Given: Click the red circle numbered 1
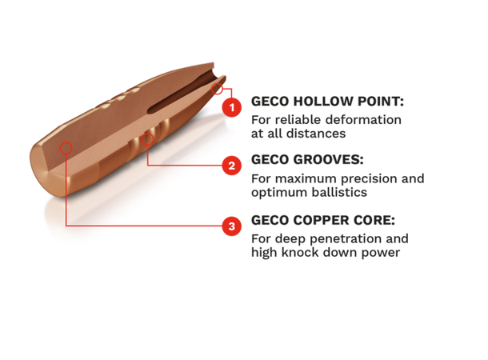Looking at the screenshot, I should point(231,107).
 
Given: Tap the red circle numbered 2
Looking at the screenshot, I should point(231,166).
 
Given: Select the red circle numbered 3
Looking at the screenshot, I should point(231,226).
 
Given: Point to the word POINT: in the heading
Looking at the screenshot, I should point(382,102).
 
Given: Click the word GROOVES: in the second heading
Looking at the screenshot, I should point(329,160).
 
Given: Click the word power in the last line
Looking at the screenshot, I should point(380,252).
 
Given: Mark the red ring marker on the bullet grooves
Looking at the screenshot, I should point(147,138).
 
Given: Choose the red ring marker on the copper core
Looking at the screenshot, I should point(66,148).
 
